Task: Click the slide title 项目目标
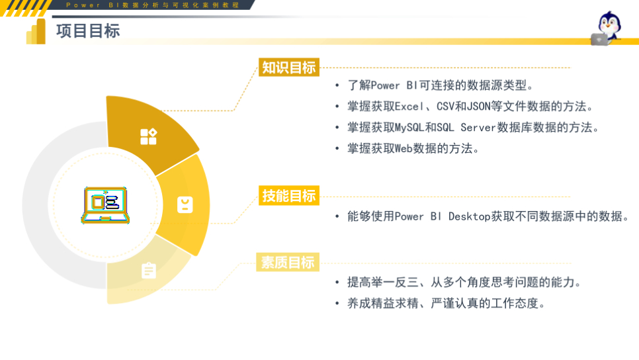(x=88, y=31)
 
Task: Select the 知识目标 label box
(x=288, y=67)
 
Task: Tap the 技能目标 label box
(x=289, y=196)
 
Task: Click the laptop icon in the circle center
(x=106, y=204)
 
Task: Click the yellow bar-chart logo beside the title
(x=36, y=32)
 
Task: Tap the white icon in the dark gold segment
(x=148, y=137)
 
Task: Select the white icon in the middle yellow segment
(x=185, y=205)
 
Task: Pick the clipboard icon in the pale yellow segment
(x=149, y=270)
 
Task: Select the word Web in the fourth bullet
(x=404, y=148)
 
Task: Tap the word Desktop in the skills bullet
(x=470, y=216)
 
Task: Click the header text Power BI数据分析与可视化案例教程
(x=153, y=5)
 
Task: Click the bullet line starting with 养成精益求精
(x=447, y=304)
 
